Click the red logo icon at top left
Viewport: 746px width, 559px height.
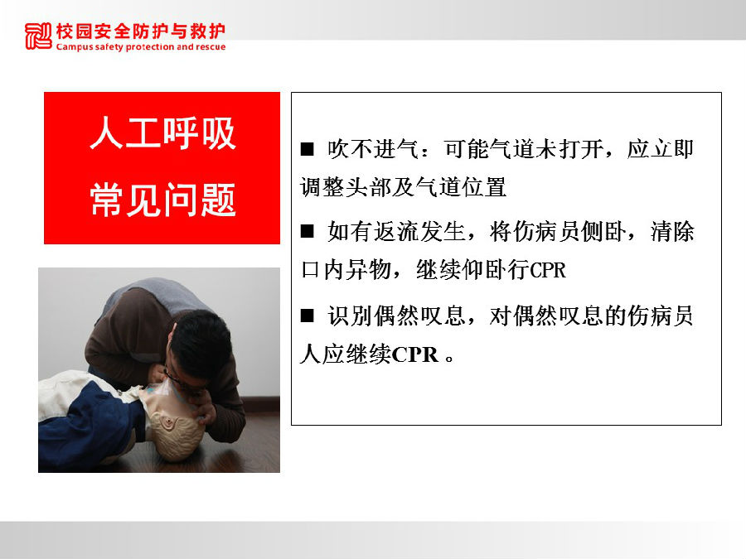coord(38,36)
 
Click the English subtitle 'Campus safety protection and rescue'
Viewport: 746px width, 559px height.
coord(141,46)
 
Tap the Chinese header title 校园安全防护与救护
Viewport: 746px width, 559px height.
coord(141,31)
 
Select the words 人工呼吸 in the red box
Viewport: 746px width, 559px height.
coord(162,133)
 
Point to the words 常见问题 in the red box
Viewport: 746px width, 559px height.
coord(162,200)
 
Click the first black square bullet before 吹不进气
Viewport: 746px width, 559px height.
coord(308,149)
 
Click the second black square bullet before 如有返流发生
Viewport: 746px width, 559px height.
coord(308,232)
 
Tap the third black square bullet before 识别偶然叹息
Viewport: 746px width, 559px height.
coord(308,316)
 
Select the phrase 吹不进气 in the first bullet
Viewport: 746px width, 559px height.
coord(373,149)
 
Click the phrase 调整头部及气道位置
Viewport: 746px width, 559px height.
coord(403,187)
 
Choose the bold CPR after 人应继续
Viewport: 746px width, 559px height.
coord(415,354)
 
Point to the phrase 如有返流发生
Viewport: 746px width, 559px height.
coord(396,232)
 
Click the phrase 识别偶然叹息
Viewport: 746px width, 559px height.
coord(396,316)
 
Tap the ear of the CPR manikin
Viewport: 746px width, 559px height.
coord(168,422)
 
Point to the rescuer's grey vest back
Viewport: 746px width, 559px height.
coord(153,296)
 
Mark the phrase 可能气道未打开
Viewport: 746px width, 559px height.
coord(523,149)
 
